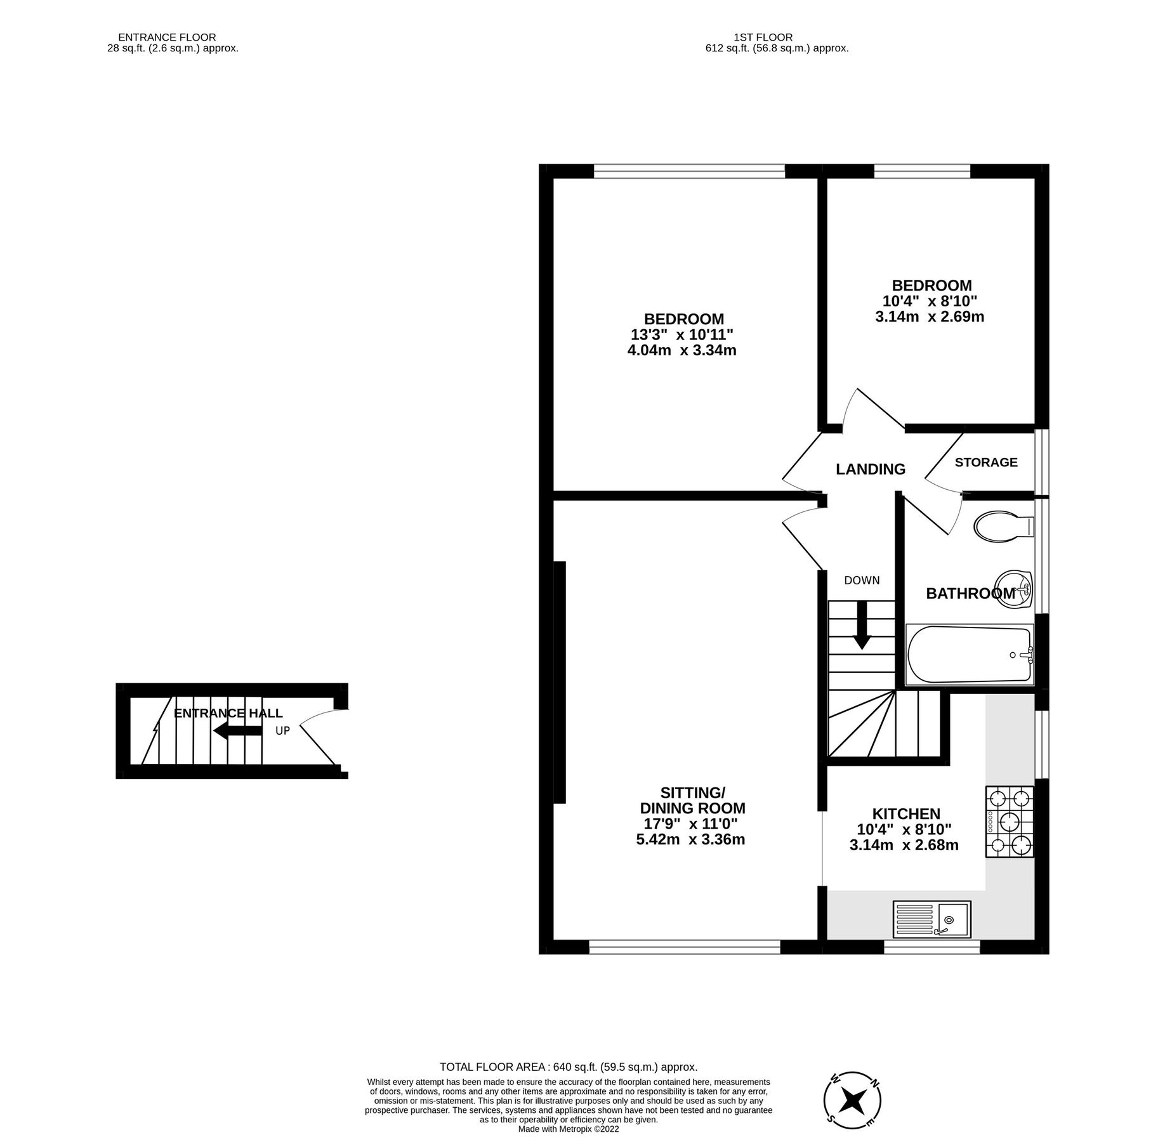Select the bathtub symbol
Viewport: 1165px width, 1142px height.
[x=969, y=655]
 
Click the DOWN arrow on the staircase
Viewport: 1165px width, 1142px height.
[x=861, y=625]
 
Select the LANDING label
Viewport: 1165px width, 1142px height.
[x=870, y=469]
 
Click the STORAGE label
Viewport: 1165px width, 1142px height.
[x=986, y=463]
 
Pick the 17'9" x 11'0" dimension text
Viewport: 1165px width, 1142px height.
[x=690, y=824]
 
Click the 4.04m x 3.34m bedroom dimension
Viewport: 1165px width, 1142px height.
[x=681, y=350]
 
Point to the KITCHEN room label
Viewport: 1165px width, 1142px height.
[x=905, y=813]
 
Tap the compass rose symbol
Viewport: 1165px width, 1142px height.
[x=852, y=1099]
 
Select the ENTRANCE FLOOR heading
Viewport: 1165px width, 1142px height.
[x=167, y=37]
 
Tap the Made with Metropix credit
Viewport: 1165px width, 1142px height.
[x=569, y=1129]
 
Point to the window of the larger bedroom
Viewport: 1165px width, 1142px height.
[x=689, y=171]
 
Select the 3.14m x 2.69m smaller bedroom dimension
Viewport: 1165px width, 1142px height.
[x=930, y=317]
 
